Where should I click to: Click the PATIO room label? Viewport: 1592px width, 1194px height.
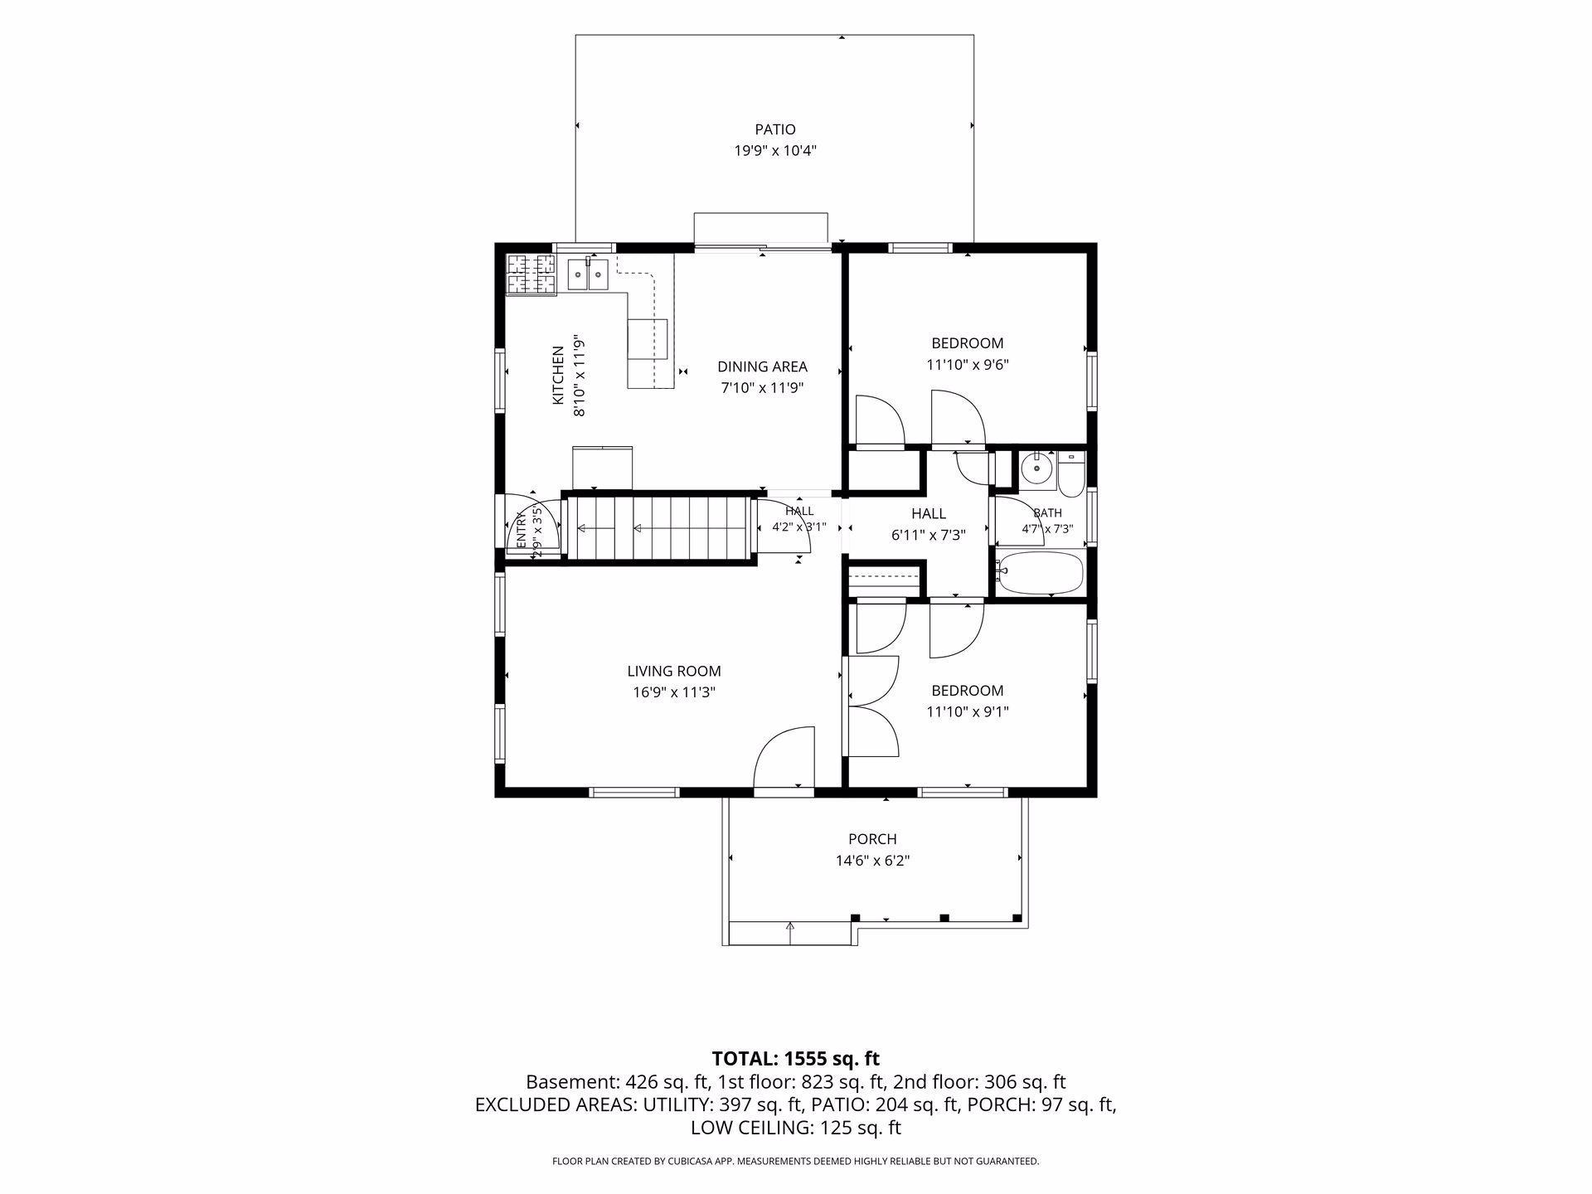[x=774, y=129]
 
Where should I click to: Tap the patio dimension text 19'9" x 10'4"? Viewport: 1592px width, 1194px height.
[x=774, y=151]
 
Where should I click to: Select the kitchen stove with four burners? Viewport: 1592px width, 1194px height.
[x=531, y=274]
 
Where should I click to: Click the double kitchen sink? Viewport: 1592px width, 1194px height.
[x=588, y=274]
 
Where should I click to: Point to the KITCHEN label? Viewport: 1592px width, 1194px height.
[x=559, y=376]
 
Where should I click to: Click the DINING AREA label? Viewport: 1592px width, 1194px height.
[x=762, y=366]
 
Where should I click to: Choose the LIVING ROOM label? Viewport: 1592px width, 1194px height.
[x=674, y=672]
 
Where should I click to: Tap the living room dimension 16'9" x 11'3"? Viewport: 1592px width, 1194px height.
[x=674, y=692]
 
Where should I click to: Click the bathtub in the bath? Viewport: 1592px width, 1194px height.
[x=1040, y=573]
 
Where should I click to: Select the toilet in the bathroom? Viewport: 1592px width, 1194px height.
[x=1070, y=471]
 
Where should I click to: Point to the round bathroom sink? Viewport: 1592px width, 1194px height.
[x=1036, y=469]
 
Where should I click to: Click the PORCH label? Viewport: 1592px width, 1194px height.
[x=872, y=839]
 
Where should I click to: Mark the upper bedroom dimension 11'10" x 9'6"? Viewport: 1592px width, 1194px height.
[x=967, y=364]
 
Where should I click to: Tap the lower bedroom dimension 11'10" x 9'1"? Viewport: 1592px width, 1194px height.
[x=967, y=711]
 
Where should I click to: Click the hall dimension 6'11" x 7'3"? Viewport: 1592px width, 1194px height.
[x=929, y=535]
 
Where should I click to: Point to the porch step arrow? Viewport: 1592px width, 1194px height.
[x=790, y=932]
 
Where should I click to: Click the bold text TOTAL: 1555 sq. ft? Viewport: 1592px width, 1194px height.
[x=796, y=1059]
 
